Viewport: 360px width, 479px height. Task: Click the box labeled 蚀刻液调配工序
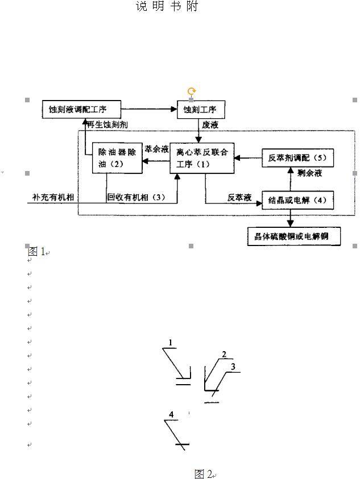[x=82, y=109]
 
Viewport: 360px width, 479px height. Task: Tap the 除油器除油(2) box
[x=117, y=157]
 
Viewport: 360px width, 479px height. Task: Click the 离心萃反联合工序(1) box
[x=202, y=157]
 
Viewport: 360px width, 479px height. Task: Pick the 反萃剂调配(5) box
[x=297, y=157]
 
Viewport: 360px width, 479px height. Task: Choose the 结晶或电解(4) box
[x=297, y=200]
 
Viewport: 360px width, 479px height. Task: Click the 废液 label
[x=209, y=123]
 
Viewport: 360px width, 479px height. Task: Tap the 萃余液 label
[x=156, y=149]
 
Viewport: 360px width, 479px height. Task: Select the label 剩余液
[x=309, y=173]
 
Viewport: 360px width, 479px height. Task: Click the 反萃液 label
[x=239, y=197]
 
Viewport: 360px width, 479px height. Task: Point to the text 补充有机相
[x=55, y=197]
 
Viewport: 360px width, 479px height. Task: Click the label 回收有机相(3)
[x=136, y=197]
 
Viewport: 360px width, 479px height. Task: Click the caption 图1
[x=36, y=251]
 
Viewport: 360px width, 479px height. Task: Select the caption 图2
[x=203, y=473]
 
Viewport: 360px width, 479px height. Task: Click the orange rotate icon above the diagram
[x=192, y=91]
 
